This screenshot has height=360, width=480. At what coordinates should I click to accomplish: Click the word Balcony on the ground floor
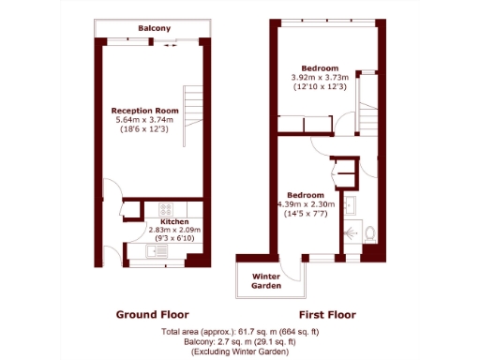(155, 29)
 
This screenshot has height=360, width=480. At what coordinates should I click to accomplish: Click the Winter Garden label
(271, 280)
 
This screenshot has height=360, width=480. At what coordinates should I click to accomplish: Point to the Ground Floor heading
(152, 314)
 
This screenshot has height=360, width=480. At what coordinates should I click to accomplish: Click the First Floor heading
(326, 314)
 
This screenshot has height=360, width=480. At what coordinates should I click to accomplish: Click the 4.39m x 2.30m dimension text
(306, 204)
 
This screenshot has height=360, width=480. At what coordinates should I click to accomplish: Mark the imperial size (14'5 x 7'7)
(307, 215)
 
